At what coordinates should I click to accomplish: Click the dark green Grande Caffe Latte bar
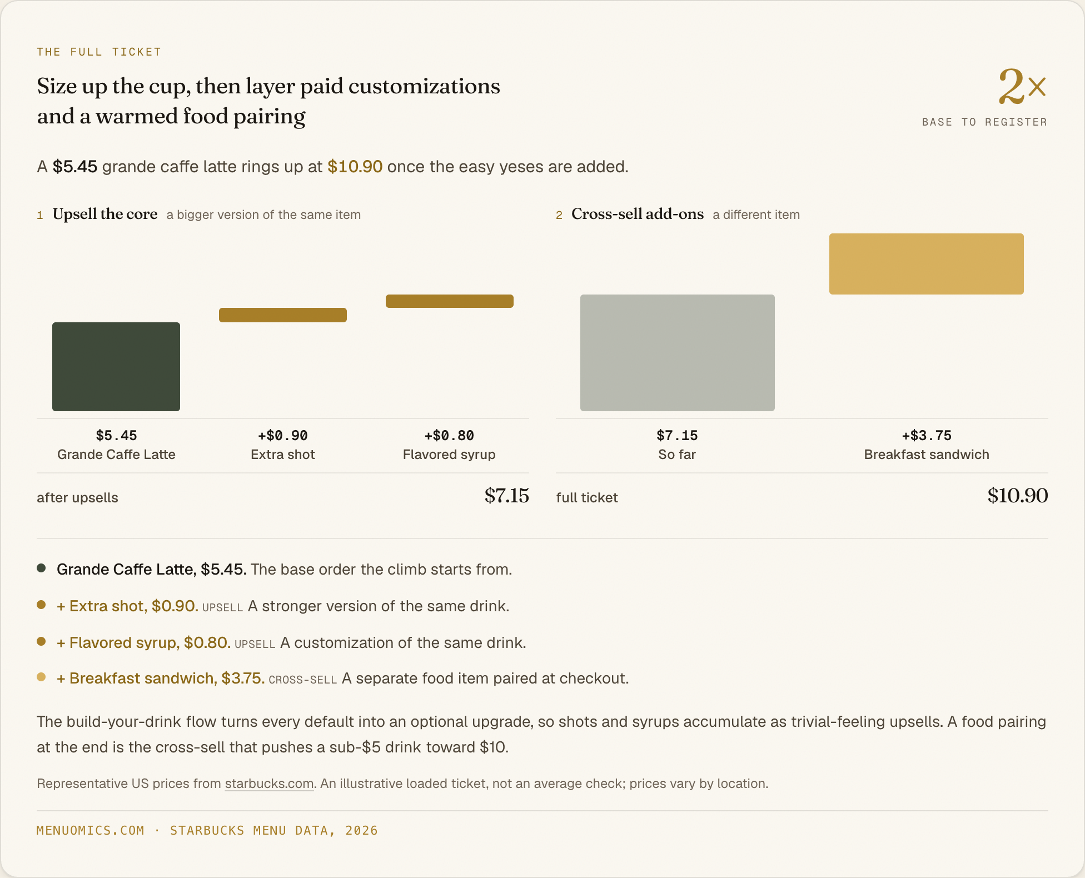[116, 367]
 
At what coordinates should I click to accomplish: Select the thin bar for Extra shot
[283, 315]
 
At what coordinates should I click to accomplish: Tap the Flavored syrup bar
[450, 301]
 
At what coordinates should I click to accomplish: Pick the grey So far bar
[678, 353]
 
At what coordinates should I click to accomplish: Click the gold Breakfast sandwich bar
[927, 264]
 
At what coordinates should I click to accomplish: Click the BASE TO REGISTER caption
[984, 122]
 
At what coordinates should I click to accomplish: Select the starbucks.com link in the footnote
[269, 784]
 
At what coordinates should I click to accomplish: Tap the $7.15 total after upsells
[506, 496]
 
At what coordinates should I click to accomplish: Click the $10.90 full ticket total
[1018, 496]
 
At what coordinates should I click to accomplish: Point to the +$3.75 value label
[927, 436]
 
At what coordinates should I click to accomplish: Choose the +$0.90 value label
[283, 436]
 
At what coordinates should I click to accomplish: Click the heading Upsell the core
[105, 214]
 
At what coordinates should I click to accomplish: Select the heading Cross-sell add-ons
[638, 214]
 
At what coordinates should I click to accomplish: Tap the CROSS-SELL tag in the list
[303, 680]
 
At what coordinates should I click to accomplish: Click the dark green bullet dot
[41, 568]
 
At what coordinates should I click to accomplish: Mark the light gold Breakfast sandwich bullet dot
[41, 677]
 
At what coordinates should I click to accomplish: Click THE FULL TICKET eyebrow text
[99, 52]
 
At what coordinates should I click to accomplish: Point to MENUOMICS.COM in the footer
[91, 831]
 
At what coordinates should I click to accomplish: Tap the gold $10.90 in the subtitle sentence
[355, 167]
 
